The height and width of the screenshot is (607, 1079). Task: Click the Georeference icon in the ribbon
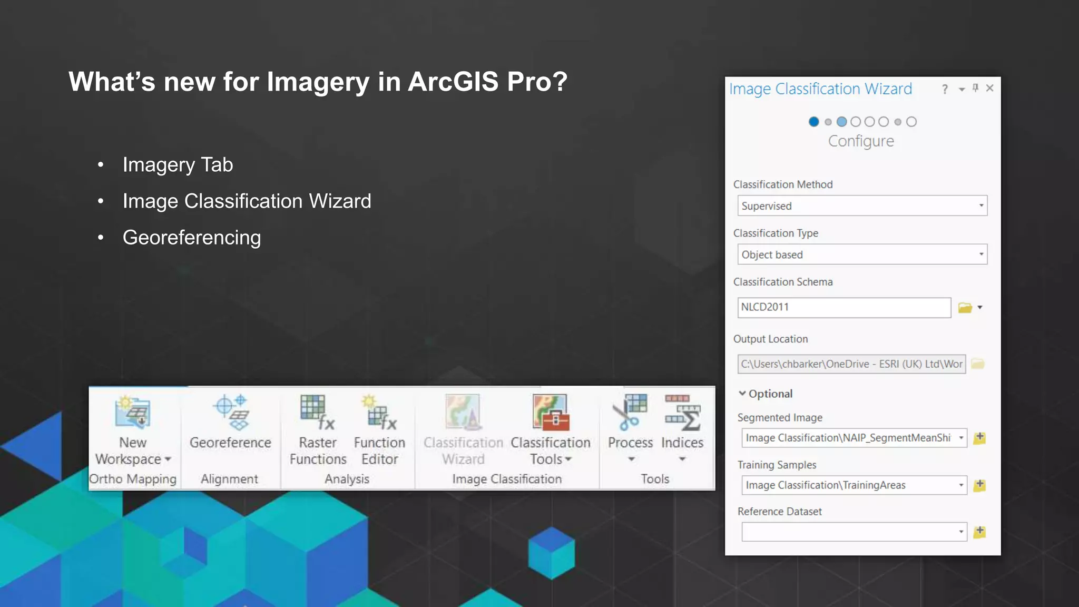pos(231,412)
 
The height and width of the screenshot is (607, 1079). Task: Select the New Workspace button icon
pos(133,412)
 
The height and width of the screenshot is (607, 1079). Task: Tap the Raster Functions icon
pos(317,412)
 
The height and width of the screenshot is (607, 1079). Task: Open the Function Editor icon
pos(380,412)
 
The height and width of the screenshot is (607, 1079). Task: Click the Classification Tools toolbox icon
pos(551,412)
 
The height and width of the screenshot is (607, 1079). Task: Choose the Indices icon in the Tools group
pos(682,412)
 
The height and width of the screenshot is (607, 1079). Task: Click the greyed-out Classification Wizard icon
pos(463,412)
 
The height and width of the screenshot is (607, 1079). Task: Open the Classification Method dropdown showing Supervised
pos(862,206)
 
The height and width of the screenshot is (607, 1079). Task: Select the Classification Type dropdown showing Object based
pos(862,254)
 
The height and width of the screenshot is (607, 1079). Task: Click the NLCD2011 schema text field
pos(844,307)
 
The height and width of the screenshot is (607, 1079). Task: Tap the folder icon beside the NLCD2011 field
pos(965,308)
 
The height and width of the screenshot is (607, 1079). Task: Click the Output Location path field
pos(851,364)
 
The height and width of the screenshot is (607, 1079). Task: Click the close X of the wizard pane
pos(990,88)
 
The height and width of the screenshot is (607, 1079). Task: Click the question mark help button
pos(945,90)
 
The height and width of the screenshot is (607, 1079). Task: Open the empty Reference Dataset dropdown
pos(854,532)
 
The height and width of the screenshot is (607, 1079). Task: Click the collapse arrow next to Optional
pos(742,394)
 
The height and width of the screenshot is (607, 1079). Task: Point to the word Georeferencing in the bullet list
pos(192,238)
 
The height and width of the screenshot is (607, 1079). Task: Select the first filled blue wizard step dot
pos(813,122)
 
